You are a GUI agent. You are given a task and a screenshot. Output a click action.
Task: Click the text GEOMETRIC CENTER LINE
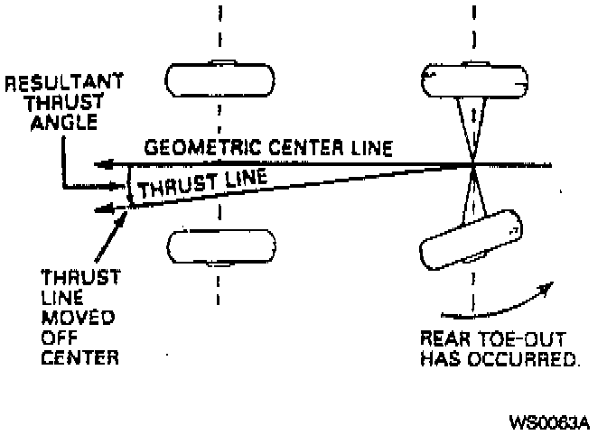pyautogui.click(x=269, y=148)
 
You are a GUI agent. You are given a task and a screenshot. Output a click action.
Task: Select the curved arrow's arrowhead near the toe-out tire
pyautogui.click(x=546, y=287)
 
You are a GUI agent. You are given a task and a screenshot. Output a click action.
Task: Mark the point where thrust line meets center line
pyautogui.click(x=472, y=164)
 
